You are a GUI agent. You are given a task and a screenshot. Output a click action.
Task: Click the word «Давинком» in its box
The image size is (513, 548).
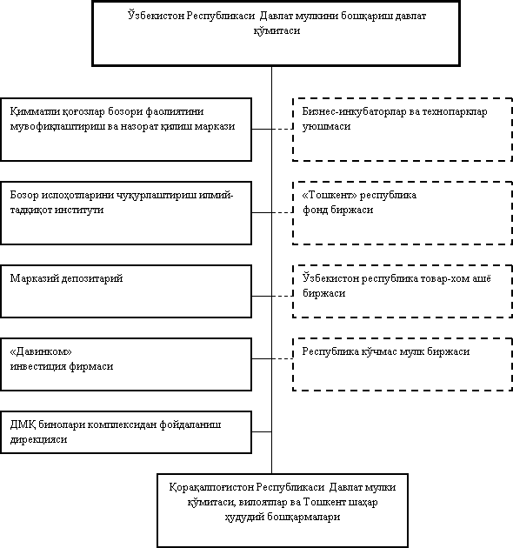(x=41, y=351)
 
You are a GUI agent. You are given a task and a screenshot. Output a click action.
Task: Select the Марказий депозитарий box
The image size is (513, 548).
(x=126, y=291)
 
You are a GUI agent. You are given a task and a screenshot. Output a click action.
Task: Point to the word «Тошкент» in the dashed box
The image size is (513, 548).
(x=330, y=195)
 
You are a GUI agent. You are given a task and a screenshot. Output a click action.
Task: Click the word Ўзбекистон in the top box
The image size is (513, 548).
(x=156, y=16)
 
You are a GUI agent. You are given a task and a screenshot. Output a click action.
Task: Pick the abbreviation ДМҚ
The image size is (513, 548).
(x=23, y=424)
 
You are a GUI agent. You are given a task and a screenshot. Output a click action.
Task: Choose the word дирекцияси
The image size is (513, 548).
(x=38, y=439)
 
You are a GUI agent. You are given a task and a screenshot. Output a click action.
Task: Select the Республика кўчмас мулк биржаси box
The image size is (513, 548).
(x=403, y=364)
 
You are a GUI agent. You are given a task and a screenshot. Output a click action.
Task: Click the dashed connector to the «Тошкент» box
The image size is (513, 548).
(x=283, y=212)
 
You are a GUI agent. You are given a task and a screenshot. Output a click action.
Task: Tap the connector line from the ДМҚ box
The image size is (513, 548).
(x=262, y=431)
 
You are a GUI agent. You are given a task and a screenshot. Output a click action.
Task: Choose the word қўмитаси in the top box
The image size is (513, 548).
(x=276, y=30)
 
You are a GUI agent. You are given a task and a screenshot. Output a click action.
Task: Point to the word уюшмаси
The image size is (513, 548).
(x=326, y=126)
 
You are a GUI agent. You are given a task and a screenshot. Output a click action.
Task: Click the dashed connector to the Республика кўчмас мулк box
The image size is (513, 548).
(x=283, y=358)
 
